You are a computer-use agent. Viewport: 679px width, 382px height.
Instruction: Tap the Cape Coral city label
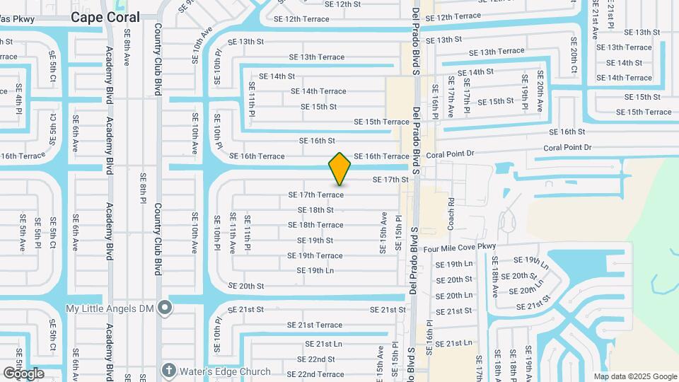[105, 17]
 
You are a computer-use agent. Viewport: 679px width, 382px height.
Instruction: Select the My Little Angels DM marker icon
[165, 308]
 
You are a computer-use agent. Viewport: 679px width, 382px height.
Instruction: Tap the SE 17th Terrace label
[315, 195]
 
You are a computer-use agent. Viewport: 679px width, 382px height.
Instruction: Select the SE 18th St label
[315, 210]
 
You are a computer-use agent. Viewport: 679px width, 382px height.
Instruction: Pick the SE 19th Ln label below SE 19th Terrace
[315, 271]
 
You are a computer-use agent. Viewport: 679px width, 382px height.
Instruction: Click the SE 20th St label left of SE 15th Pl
[246, 286]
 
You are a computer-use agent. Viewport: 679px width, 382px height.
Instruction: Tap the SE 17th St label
[390, 180]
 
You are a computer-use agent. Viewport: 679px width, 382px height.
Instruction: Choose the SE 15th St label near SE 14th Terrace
[318, 107]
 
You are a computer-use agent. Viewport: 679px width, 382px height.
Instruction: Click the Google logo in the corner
[23, 373]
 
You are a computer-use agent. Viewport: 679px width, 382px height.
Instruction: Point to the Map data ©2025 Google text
[634, 376]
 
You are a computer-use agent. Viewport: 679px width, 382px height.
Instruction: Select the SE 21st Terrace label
[315, 325]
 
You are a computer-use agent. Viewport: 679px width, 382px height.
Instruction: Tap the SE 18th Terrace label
[315, 225]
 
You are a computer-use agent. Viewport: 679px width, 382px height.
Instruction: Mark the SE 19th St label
[315, 241]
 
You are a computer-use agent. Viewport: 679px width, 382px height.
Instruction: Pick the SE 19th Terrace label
[315, 256]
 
